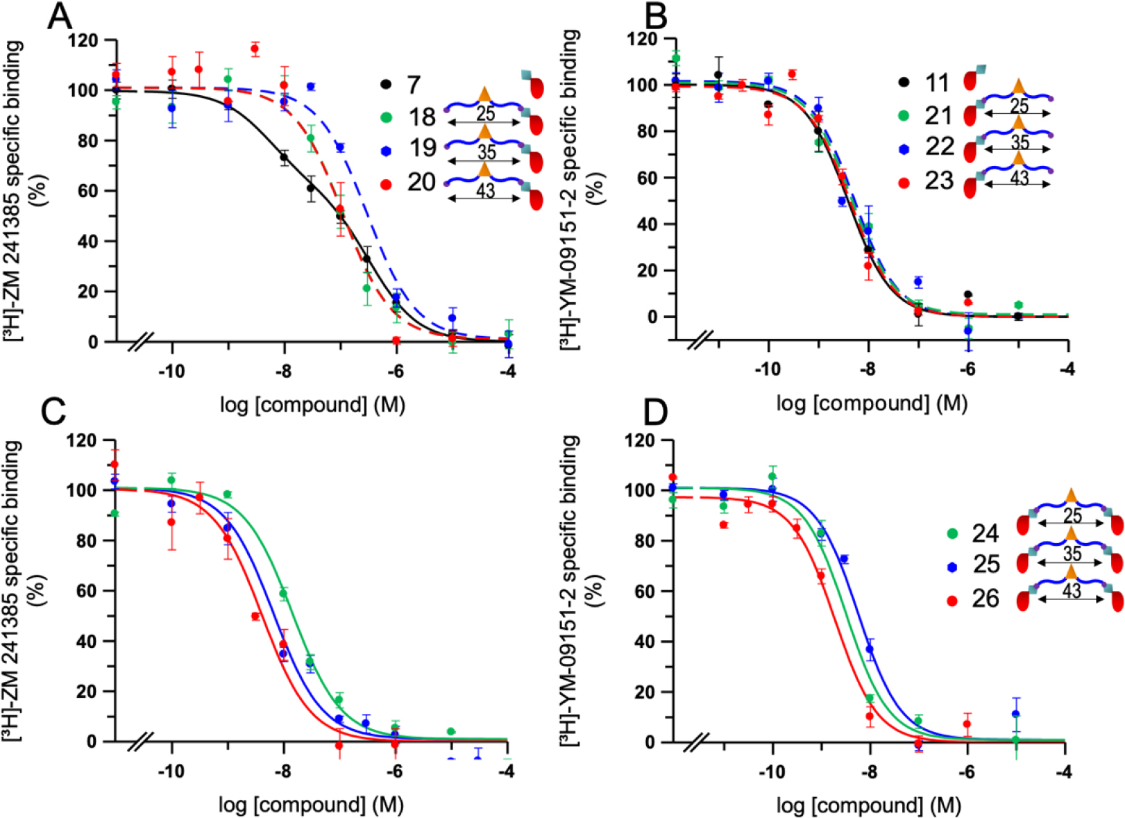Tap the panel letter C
(x=53, y=412)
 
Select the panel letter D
(x=655, y=412)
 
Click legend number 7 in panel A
(x=413, y=85)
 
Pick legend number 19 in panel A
(x=421, y=148)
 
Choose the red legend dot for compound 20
(x=387, y=184)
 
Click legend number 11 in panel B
(x=937, y=83)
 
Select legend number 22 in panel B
(x=939, y=147)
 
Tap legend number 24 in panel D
(x=985, y=533)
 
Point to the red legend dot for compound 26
(x=952, y=601)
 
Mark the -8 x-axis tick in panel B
(x=868, y=369)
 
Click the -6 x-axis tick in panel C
(x=395, y=770)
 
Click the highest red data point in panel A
(x=255, y=49)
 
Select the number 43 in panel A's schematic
(x=486, y=189)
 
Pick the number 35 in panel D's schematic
(x=1072, y=553)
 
